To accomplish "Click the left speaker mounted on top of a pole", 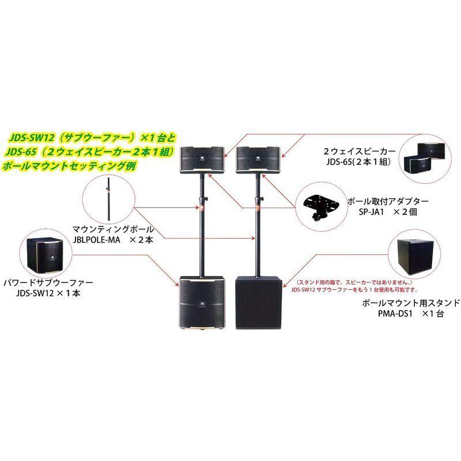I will coord(201,158).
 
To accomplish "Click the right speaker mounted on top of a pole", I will coord(256,158).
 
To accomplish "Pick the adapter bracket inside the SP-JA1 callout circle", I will coord(319,205).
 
